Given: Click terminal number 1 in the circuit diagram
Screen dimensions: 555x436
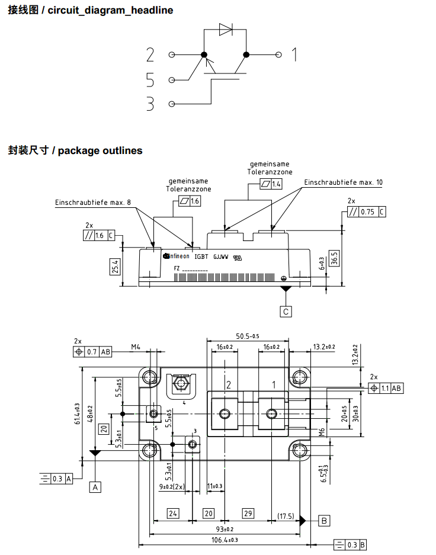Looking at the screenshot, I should [293, 55].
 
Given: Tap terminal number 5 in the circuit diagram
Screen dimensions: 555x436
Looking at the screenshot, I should [150, 80].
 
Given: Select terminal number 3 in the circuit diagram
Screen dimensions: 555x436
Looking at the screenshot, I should [150, 104].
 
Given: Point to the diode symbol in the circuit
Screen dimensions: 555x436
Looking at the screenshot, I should [226, 30].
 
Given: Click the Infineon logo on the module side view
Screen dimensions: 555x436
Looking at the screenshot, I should [176, 256].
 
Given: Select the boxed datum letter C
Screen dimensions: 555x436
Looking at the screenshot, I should [286, 311].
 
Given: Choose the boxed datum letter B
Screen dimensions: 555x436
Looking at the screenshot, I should [324, 521].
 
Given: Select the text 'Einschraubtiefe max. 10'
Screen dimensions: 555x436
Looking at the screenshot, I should [344, 182].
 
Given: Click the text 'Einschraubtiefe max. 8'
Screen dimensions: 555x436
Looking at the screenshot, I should [94, 203].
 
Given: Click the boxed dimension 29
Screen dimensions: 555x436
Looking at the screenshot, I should [248, 512].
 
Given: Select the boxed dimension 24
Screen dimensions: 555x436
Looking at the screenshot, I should [172, 512].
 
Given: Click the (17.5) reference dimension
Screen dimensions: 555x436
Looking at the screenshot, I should [286, 516].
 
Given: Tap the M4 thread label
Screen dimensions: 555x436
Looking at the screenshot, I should [136, 347].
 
